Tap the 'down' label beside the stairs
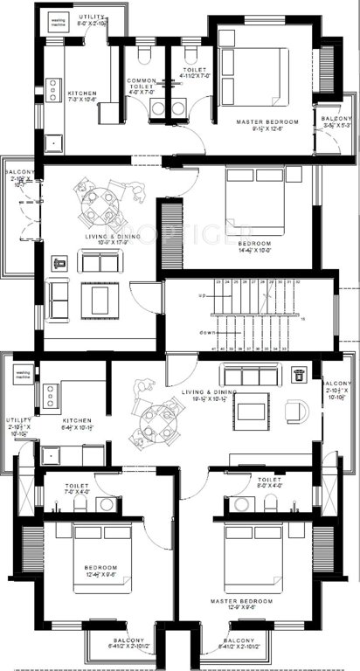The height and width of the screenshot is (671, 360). coord(207,332)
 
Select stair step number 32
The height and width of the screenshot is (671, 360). coord(299,282)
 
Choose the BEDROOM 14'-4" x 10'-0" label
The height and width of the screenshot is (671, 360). coord(253,246)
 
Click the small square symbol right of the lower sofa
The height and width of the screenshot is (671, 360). coord(298,373)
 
